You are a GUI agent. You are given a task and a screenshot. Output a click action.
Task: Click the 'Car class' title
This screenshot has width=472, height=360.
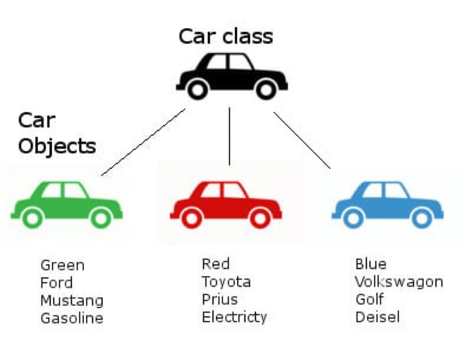point(226,36)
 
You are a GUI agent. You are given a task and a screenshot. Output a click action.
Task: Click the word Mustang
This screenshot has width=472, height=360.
point(72,300)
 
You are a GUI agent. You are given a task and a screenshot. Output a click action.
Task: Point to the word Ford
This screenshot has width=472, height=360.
point(57,282)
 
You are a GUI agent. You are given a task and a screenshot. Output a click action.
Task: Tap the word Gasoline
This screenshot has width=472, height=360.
point(72,318)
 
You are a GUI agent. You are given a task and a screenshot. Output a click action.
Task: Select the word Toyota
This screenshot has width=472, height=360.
point(226,281)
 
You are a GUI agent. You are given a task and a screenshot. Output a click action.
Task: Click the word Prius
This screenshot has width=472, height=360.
point(220,299)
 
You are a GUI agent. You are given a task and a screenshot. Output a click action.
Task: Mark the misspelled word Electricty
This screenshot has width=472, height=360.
point(234,316)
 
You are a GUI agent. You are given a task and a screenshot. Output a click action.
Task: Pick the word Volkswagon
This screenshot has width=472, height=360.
point(399,281)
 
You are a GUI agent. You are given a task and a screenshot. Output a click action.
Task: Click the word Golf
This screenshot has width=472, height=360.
point(369,299)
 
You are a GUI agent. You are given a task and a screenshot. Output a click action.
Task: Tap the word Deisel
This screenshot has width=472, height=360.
point(377,316)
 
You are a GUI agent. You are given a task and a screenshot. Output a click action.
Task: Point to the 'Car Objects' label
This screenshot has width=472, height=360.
point(57,134)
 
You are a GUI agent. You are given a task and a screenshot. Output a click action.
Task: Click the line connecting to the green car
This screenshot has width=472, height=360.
point(143,142)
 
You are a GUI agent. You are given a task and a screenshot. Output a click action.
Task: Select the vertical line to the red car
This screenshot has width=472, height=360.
point(229,136)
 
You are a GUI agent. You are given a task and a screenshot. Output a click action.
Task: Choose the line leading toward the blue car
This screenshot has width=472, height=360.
point(302,140)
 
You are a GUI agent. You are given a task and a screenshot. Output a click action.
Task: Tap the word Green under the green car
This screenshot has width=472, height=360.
point(62,265)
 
